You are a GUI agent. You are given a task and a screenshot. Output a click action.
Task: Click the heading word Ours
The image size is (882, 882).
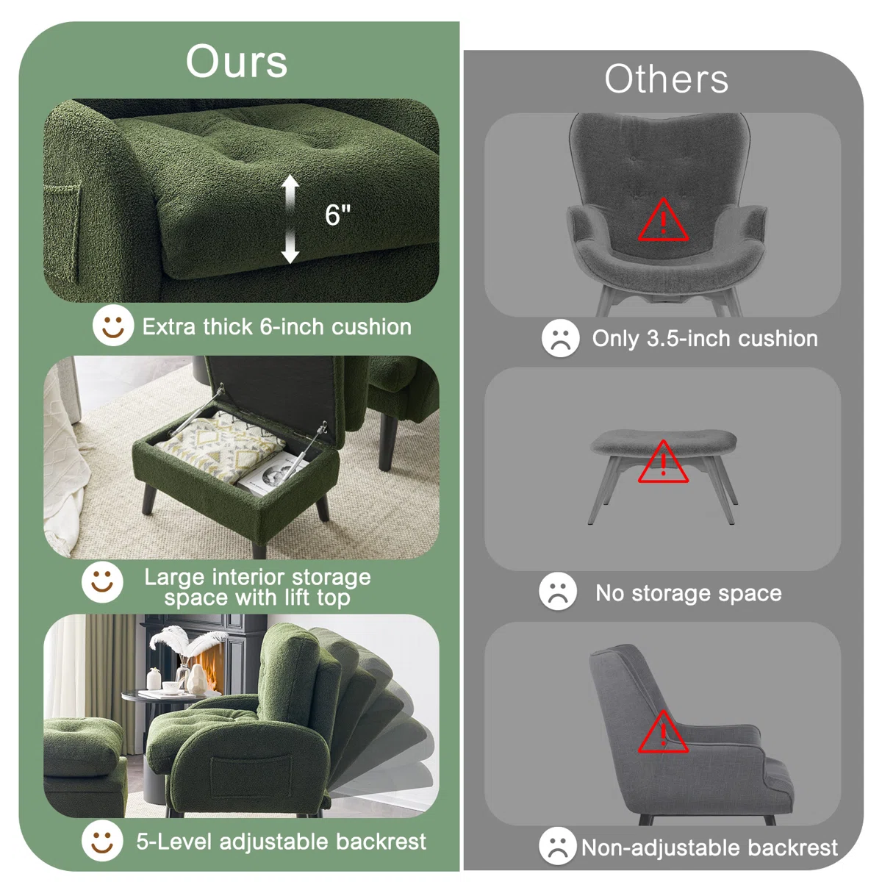point(236,62)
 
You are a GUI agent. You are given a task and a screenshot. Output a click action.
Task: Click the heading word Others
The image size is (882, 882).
point(666,79)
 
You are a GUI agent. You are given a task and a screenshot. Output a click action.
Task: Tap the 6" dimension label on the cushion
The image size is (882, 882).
point(337,215)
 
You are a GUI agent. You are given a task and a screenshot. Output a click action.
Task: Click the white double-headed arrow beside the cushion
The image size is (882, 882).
point(290,219)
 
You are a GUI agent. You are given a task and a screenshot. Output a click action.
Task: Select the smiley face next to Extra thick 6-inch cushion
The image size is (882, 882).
point(112,326)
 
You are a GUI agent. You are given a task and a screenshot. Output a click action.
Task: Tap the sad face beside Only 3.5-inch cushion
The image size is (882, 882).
point(560,338)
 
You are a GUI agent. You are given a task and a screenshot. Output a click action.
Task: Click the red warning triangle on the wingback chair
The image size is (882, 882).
point(663,220)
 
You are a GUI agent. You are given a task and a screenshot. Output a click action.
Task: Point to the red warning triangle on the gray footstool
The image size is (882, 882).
point(663,463)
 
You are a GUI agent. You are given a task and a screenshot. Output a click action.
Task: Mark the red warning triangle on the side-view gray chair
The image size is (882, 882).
point(663,733)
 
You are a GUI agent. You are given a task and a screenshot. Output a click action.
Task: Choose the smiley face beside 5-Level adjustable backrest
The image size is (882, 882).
point(102,841)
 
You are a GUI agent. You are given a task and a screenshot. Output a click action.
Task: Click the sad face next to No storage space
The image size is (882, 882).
point(558,592)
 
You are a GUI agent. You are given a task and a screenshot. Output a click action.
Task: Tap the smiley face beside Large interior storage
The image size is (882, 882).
point(102,583)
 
